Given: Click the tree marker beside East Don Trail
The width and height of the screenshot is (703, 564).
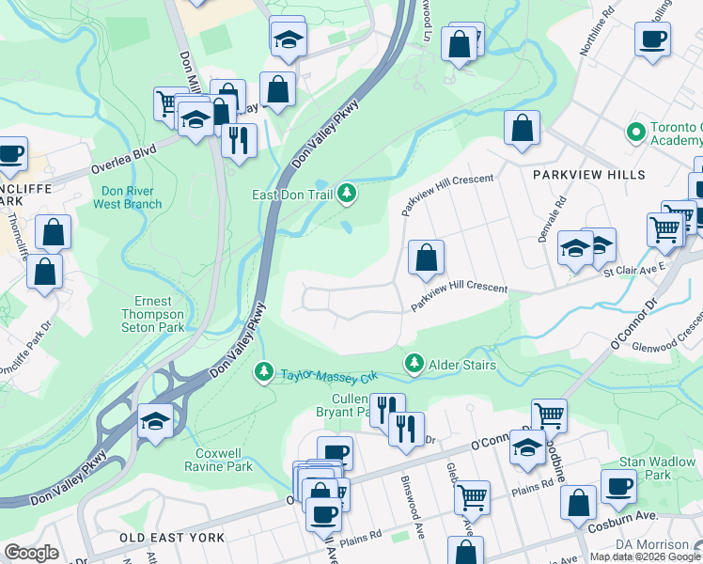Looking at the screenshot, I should (349, 194).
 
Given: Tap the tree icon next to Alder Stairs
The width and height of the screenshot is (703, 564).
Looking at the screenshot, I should (413, 363).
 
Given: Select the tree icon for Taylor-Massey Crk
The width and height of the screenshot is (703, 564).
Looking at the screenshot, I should (266, 374).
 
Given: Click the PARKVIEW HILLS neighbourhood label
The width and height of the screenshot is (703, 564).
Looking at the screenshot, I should (589, 175).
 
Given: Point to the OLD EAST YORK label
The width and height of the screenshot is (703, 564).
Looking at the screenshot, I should (172, 537).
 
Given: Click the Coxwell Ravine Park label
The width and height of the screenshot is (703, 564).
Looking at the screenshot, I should (219, 459).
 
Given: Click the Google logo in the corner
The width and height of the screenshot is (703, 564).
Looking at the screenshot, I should (32, 553).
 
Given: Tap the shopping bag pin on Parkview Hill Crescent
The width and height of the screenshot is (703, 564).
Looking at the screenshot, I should (426, 258).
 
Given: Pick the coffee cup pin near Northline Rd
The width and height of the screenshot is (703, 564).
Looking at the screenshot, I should (652, 39).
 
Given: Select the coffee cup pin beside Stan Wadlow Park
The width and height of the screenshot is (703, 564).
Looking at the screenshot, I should (618, 487).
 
